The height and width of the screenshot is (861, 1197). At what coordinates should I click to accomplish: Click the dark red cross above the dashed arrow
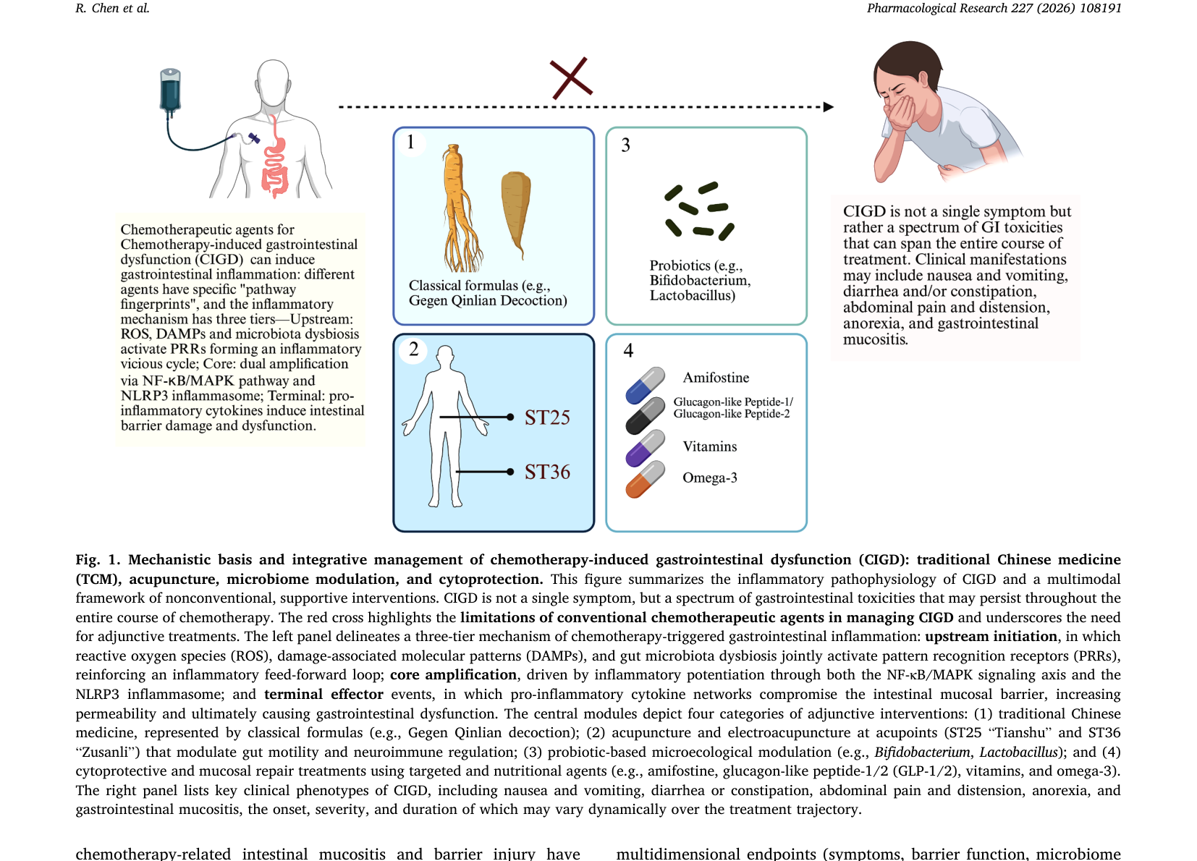click(571, 78)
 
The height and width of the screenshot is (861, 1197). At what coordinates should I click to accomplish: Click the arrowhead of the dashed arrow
click(829, 107)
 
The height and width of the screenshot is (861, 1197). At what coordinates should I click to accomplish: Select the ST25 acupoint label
click(547, 417)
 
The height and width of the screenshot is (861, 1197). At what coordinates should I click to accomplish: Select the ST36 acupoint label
click(547, 472)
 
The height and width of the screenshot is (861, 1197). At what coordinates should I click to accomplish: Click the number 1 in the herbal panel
click(410, 142)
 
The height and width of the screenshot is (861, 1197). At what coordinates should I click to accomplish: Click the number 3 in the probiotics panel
click(626, 145)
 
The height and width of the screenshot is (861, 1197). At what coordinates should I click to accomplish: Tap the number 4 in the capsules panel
click(628, 350)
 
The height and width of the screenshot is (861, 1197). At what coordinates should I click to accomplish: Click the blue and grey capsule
click(645, 385)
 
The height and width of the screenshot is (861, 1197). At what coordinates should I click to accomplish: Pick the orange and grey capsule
click(645, 479)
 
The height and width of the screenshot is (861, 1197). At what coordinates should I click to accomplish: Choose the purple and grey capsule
click(645, 448)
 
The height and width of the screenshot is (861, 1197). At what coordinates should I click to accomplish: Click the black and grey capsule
click(645, 415)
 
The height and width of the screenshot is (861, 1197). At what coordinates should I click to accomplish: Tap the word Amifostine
click(716, 378)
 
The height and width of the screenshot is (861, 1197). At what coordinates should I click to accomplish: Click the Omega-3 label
click(710, 478)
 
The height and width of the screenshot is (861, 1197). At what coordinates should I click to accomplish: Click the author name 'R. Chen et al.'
click(112, 8)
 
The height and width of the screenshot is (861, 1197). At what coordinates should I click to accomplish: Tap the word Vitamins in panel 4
click(710, 446)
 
